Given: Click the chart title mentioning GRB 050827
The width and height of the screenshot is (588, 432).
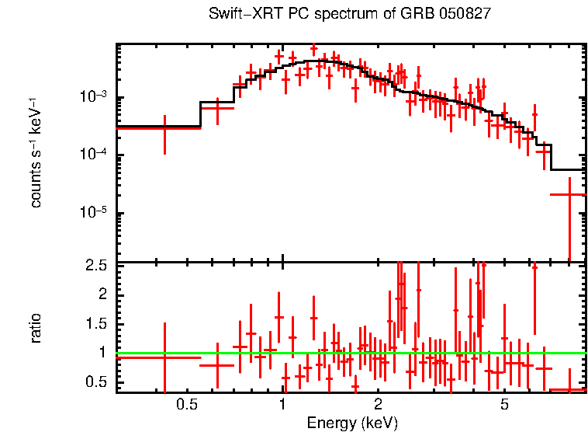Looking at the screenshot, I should click(350, 15).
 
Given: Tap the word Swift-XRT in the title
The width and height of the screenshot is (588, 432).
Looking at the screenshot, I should click(240, 15).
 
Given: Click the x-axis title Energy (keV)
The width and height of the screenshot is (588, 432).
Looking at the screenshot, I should click(352, 423).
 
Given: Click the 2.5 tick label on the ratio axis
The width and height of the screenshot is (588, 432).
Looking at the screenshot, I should click(97, 266).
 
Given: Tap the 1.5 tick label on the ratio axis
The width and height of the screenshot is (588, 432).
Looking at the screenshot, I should click(97, 323).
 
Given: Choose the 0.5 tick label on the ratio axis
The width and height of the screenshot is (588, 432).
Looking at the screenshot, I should click(97, 381).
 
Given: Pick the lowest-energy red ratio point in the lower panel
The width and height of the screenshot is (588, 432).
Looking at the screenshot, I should click(164, 357).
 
